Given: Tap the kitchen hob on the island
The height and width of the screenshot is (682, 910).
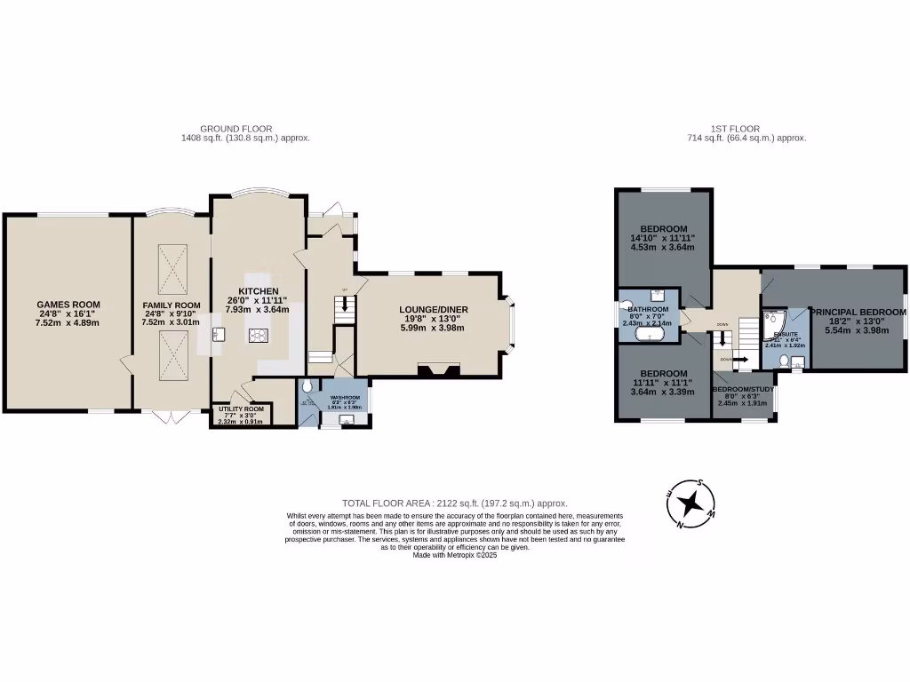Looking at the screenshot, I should point(259,335).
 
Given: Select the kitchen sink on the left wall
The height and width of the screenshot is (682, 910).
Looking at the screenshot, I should point(217,334).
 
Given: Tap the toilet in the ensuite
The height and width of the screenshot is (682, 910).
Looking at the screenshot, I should point(782,361).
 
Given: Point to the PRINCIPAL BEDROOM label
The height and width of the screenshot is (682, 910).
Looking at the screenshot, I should point(858,313).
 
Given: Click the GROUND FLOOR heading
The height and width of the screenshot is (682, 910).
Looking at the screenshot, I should point(235,129).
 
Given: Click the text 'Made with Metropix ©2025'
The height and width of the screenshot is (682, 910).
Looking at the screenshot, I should point(455,555).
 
